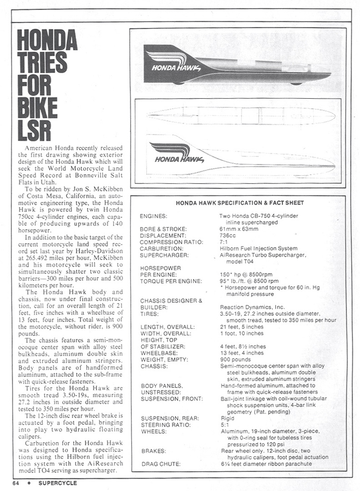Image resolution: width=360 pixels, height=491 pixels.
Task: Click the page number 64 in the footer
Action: tap(15, 482)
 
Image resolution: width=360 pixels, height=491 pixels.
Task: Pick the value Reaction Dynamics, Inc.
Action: tap(249, 307)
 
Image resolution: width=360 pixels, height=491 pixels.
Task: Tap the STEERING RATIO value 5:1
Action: tap(225, 425)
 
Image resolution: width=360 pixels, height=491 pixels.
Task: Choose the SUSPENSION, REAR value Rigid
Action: tap(227, 418)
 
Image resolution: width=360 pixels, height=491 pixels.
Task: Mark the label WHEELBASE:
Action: tap(160, 353)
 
